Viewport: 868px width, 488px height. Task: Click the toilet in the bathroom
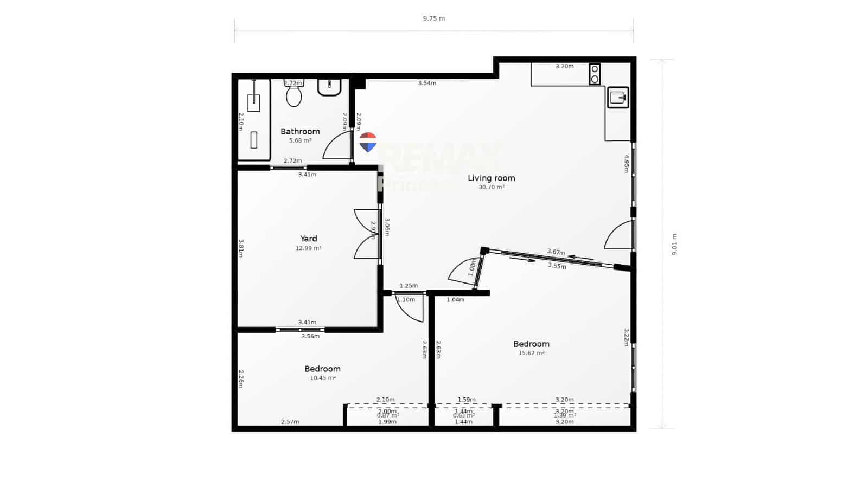pos(294,95)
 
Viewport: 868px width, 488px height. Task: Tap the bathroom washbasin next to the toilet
pos(329,87)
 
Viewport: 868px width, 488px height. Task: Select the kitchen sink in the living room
pos(618,98)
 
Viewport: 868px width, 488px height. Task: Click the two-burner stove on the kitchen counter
pos(595,74)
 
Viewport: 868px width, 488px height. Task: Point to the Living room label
pos(492,178)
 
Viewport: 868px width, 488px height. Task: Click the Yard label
pos(309,239)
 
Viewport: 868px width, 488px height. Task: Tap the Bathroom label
pos(300,131)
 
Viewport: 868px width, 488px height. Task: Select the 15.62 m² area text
pos(532,353)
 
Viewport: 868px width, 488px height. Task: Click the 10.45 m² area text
pos(323,378)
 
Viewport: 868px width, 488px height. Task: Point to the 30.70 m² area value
pos(492,187)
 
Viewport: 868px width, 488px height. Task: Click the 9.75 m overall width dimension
pos(434,18)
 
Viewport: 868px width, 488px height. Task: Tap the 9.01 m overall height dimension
pos(674,245)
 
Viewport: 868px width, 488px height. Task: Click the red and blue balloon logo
pos(368,142)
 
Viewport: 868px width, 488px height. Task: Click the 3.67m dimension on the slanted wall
pos(556,252)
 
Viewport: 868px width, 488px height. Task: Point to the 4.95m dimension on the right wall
pos(626,163)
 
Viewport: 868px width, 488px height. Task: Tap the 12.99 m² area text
pos(309,248)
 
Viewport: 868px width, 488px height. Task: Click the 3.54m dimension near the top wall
pos(427,83)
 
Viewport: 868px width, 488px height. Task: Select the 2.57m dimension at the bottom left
pos(290,422)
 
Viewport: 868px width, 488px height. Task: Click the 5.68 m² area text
pos(300,140)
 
